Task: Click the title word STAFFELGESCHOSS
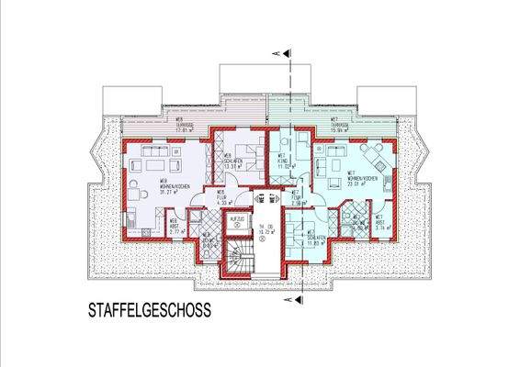[x=149, y=311]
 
